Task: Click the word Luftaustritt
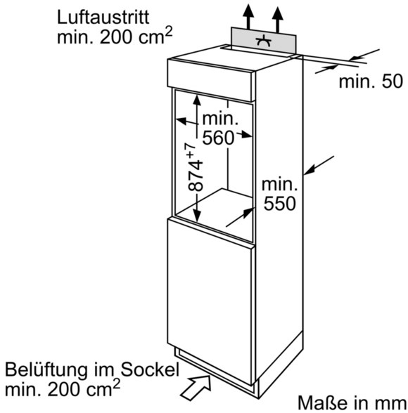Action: pos(103,18)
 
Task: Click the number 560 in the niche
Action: pos(218,137)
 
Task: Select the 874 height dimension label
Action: pos(196,176)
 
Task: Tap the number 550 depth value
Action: pos(280,204)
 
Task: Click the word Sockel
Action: pos(150,369)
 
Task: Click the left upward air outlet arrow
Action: pos(248,16)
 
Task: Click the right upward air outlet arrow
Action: pos(277,20)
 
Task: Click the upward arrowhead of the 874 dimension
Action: pos(197,100)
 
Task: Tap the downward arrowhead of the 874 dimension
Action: pos(197,217)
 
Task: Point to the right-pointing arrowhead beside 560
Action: pos(247,135)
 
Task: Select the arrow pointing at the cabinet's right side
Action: pos(319,165)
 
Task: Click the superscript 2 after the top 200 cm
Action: pos(168,32)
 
